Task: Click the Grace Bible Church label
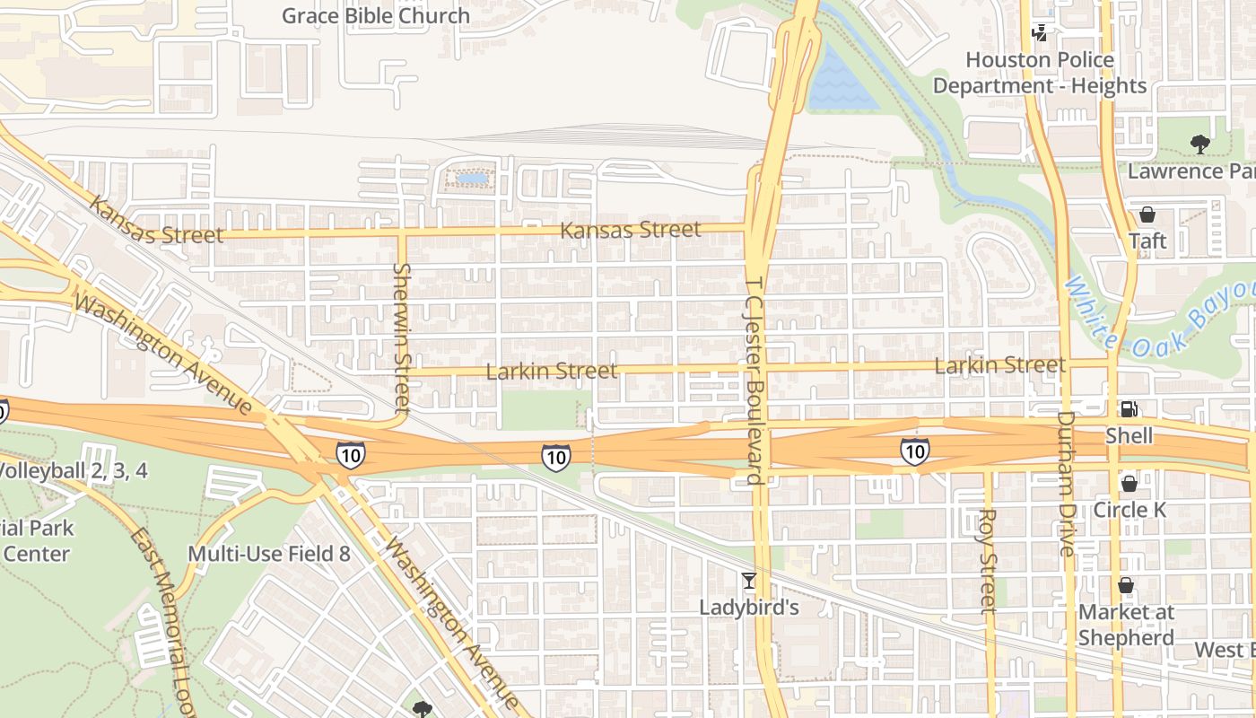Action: pos(375,16)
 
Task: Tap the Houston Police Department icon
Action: pos(1040,34)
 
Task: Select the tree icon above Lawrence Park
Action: pos(1199,144)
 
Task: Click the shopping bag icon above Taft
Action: pos(1147,215)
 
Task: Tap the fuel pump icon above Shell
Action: pos(1129,409)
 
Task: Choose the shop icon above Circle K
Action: pos(1129,484)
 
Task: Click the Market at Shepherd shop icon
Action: pos(1126,586)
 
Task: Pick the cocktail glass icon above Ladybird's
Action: pos(749,581)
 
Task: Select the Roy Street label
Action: pos(989,561)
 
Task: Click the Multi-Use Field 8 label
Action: pos(268,554)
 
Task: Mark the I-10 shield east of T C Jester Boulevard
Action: pos(914,451)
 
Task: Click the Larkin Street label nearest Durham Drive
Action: pos(999,365)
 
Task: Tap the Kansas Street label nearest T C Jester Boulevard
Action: pos(630,231)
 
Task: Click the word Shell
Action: pos(1129,436)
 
